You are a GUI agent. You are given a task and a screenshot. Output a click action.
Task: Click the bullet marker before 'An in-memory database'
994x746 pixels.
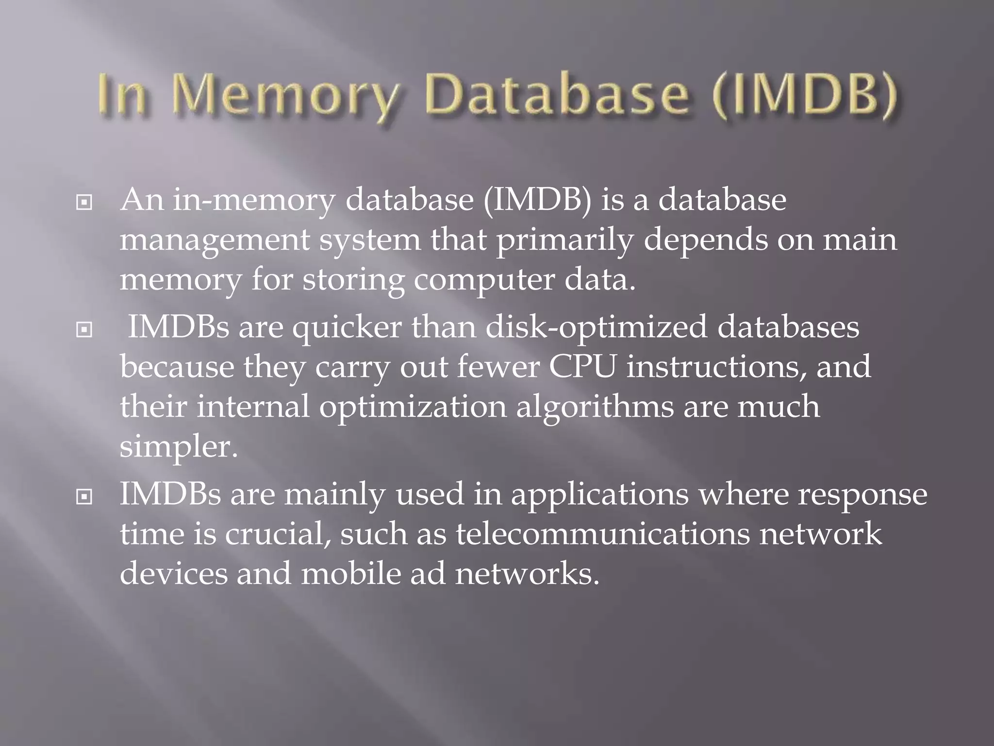click(84, 203)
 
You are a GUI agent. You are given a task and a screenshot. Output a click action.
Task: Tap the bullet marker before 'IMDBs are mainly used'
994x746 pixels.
click(84, 497)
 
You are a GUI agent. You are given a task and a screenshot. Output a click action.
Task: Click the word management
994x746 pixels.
click(215, 241)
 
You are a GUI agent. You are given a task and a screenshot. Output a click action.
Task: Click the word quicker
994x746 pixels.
click(347, 327)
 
